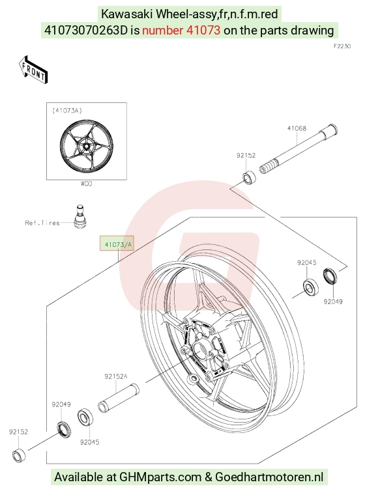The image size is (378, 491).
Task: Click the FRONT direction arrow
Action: [33, 70]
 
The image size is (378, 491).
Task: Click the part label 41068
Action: [297, 128]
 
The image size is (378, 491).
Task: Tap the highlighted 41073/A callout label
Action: [117, 244]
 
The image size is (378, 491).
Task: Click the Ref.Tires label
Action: [42, 223]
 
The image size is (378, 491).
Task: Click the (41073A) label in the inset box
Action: [66, 111]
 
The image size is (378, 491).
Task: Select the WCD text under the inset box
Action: [86, 184]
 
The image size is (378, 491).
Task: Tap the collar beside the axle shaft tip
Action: [249, 177]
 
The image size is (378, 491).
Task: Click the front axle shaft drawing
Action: [298, 148]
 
